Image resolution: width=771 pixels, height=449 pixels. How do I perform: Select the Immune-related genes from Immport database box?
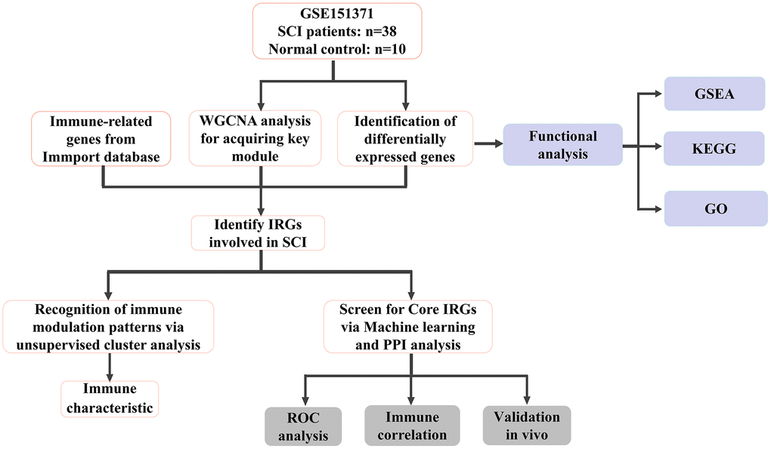(x=101, y=138)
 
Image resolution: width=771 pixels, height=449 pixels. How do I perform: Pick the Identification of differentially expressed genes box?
(x=406, y=138)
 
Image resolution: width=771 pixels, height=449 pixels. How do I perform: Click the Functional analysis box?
(x=562, y=144)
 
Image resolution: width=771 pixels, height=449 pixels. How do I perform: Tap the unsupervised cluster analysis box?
(x=109, y=326)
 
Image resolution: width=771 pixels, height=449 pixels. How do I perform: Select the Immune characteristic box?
(x=110, y=398)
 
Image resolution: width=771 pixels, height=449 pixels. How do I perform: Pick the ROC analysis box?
(x=303, y=426)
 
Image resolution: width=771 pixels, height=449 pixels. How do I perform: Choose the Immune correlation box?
(x=412, y=426)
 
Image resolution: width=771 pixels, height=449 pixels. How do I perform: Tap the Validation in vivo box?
(x=527, y=426)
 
